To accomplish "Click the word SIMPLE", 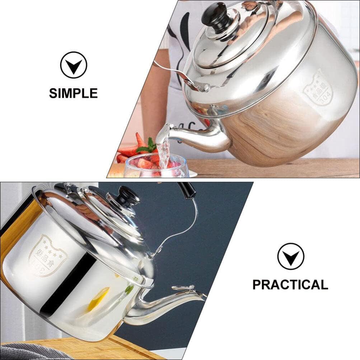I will [x=73, y=93].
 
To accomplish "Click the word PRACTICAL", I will [x=290, y=284].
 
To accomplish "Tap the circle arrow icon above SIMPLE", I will [x=74, y=65].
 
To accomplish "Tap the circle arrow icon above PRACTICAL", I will [x=290, y=256].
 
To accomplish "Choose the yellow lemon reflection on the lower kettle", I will [x=98, y=298].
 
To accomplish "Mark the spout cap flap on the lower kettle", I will [x=183, y=288].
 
